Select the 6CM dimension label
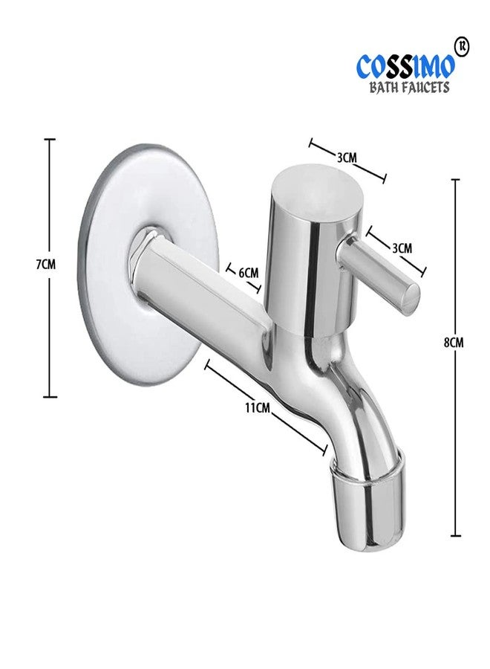pyautogui.click(x=248, y=273)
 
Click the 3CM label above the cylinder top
pyautogui.click(x=347, y=158)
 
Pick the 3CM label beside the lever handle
pyautogui.click(x=401, y=248)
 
